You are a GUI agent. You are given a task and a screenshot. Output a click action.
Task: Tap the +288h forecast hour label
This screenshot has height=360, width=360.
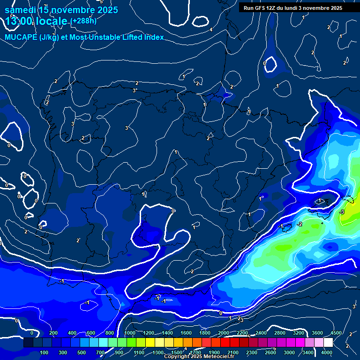coord(84,21)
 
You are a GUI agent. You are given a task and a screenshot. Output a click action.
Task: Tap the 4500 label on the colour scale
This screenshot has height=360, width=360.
coord(336,333)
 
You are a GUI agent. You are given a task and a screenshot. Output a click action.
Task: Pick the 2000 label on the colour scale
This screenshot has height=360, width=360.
coord(223,333)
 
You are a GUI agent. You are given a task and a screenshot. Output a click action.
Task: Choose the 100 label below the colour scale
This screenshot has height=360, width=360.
coord(45,352)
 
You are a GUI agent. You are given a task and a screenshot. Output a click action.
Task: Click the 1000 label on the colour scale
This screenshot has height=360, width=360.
coord(130,333)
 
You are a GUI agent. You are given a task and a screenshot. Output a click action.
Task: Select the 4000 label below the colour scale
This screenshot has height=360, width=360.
coord(327,352)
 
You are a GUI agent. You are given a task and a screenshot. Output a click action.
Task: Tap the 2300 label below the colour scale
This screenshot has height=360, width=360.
coord(251,352)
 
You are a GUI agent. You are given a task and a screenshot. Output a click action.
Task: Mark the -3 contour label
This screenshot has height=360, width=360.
coord(342,212)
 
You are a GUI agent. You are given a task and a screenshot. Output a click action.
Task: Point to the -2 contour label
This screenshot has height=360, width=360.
coord(300,224)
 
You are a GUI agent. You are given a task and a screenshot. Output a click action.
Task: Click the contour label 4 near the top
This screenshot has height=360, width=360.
coord(211,30)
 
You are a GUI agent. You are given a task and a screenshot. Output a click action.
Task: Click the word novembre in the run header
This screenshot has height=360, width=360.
coord(318,8)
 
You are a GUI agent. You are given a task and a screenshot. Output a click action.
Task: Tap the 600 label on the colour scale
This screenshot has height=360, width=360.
coord(91,333)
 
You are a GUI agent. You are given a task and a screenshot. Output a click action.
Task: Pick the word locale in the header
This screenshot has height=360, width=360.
coord(51,21)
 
